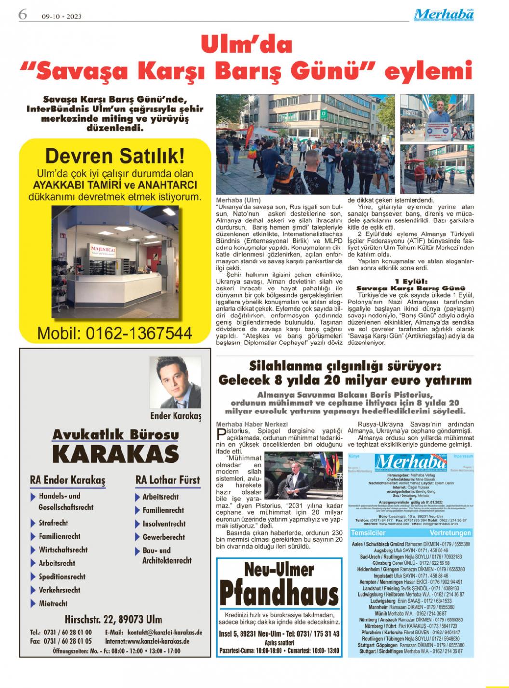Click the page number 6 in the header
coord(22,14)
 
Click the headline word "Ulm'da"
coord(246,45)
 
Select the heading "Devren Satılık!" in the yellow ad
coord(114,156)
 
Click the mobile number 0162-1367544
coord(115,333)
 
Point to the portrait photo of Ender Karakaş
coord(175,382)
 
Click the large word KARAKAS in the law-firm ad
coord(115,454)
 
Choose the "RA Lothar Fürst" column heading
coord(167,480)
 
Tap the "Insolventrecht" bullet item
coord(163,523)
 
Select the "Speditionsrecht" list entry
coord(62,577)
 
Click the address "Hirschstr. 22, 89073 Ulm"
coord(113,619)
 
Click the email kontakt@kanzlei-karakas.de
coord(153,633)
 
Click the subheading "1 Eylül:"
coord(411,281)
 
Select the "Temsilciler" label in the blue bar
coord(368,533)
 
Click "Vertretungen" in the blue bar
coord(450,533)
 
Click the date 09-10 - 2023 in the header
coord(62,16)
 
